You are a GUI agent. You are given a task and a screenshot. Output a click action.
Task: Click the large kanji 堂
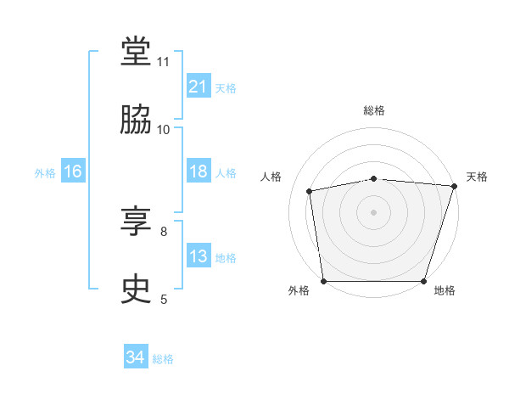pos(136,51)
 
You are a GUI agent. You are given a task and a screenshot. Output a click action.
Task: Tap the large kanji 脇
pos(136,119)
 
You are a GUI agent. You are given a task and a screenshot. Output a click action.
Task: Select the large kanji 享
pos(136,221)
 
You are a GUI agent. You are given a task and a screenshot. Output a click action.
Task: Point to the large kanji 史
pos(136,289)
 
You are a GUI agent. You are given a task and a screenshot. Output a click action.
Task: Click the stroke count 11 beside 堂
pos(163,62)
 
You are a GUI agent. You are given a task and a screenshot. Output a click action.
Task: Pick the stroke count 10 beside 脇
pos(163,130)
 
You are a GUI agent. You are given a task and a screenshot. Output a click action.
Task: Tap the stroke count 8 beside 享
pos(164,232)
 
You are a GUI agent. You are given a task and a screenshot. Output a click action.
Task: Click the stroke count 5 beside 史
pos(164,300)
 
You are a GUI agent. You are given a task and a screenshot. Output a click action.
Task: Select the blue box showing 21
pos(199,86)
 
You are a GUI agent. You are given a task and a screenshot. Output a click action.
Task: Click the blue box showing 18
pos(199,171)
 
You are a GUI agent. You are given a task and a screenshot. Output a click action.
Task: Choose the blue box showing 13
pos(199,255)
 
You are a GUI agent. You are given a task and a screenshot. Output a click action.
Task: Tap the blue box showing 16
pos(73,171)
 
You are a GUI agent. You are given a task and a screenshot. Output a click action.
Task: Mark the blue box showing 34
pos(136,356)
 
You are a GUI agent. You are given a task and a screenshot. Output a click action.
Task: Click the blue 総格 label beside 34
pos(163,359)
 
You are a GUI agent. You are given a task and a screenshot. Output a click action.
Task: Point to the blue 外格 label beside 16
pos(45,173)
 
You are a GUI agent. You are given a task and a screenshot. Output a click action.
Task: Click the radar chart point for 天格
pos(455,186)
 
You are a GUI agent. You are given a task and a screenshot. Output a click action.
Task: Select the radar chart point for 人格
pos(309,191)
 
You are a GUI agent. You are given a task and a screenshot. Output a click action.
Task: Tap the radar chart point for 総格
pos(373,179)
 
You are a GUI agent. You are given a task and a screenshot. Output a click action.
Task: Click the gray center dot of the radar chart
pos(373,212)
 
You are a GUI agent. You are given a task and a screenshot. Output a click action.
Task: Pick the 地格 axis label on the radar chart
pos(445,290)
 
